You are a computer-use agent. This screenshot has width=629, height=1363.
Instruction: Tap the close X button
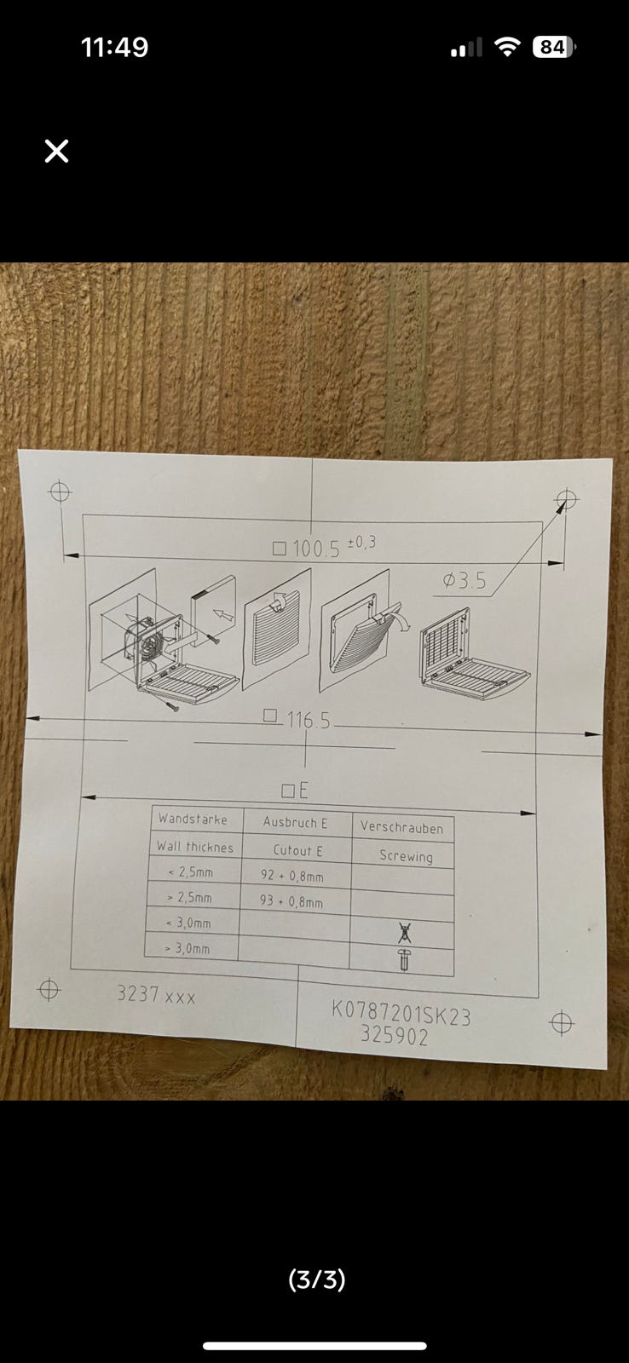56,151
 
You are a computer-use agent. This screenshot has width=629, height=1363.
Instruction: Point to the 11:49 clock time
114,48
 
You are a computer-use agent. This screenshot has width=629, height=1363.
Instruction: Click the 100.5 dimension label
316,549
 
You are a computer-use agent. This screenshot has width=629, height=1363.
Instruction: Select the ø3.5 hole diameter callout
465,580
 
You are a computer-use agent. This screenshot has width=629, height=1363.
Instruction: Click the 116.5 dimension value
308,721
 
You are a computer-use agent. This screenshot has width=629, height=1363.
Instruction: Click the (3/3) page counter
317,1280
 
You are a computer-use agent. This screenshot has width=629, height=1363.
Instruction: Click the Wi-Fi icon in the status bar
507,46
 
